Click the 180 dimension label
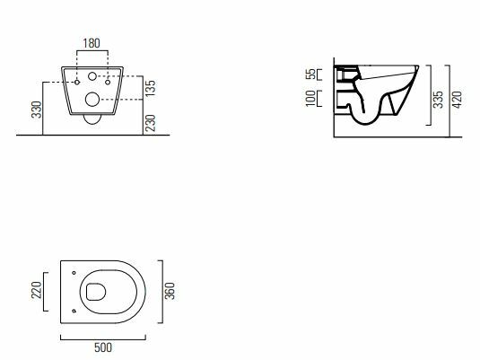(x=92, y=43)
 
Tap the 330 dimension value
(x=37, y=110)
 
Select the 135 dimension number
(x=151, y=88)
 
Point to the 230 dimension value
(x=151, y=123)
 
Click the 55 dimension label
(x=310, y=75)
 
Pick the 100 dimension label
(x=310, y=99)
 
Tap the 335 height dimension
(x=439, y=100)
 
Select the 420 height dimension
(x=457, y=100)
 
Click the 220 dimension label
(x=37, y=290)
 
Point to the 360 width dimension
(x=170, y=291)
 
